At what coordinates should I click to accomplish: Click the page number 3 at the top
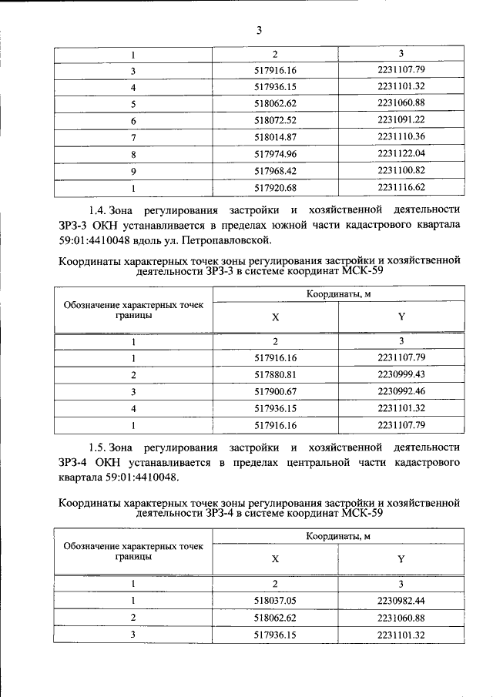click(x=259, y=30)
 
